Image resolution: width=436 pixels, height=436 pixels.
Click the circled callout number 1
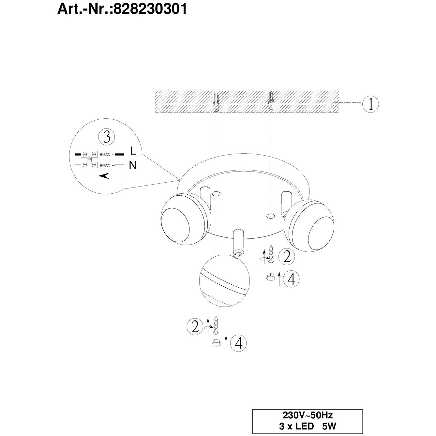point(370,104)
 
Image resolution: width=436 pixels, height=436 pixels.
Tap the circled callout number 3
point(107,137)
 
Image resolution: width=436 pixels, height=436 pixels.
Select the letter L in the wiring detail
point(133,151)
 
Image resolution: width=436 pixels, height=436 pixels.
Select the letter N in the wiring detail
point(133,166)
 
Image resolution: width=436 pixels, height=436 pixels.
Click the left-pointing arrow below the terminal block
point(113,175)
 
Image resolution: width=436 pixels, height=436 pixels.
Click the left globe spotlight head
point(186,219)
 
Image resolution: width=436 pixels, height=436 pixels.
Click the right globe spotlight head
point(309,225)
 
